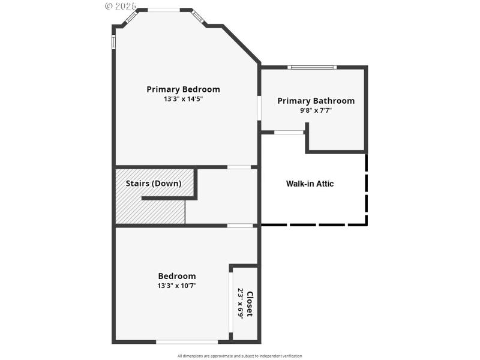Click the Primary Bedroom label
point(183,89)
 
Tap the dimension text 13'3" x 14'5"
point(183,99)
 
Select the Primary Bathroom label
point(316,101)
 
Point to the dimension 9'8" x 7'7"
point(316,110)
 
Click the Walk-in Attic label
point(310,184)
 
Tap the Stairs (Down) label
point(153,183)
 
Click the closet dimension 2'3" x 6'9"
point(241,304)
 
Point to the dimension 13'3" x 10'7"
point(177,286)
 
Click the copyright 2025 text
point(121,6)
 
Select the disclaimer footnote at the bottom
point(240,356)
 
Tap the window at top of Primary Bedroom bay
point(164,10)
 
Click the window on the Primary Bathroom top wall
point(312,67)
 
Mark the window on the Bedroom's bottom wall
point(187,342)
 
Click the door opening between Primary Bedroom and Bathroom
point(259,109)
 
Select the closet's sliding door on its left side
point(230,303)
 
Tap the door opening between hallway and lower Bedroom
point(239,226)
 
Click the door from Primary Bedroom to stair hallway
point(239,167)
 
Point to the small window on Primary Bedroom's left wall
point(113,42)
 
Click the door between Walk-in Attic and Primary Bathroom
point(289,132)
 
